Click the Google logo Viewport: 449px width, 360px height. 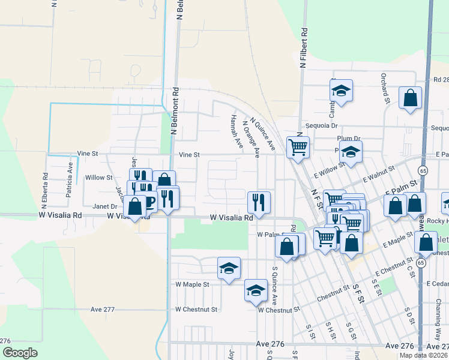(19, 353)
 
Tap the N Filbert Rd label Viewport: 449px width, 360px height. (304, 47)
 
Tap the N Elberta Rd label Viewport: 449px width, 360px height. (45, 186)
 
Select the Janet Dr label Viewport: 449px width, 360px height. (104, 206)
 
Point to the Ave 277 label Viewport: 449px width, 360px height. (102, 309)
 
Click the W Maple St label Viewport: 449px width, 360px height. (192, 284)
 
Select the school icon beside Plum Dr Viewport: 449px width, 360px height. (351, 153)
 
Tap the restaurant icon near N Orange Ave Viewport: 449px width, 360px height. (259, 202)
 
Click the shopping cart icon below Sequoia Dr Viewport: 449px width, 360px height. (298, 146)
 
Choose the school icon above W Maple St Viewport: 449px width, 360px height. (229, 269)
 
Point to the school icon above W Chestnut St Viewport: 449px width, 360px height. (256, 291)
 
